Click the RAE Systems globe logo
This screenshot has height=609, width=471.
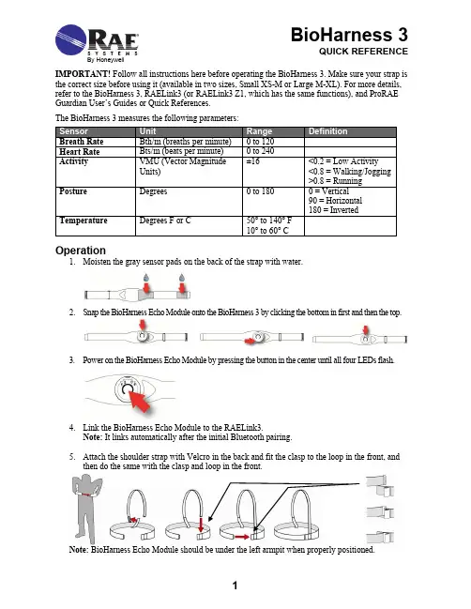[x=70, y=39]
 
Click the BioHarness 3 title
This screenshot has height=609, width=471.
[x=349, y=35]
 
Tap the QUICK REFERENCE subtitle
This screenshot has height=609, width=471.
[x=363, y=52]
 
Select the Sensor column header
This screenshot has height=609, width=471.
[x=74, y=131]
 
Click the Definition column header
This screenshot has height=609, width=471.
[x=327, y=131]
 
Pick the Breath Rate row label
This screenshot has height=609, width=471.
[x=81, y=142]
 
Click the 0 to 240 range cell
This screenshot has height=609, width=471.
[x=260, y=151]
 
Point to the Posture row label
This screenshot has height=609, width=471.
[x=73, y=191]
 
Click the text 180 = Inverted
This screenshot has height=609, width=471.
[x=333, y=210]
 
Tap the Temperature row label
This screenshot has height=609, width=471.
[x=84, y=221]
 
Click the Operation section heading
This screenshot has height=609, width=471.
[x=81, y=251]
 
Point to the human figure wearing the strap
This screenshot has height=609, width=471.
[x=87, y=509]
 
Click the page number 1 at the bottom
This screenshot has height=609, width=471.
[x=235, y=586]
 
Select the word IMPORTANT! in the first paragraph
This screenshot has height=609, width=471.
[x=83, y=74]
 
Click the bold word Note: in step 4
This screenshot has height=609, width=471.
[x=92, y=437]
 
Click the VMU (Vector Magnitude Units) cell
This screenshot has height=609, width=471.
[x=183, y=166]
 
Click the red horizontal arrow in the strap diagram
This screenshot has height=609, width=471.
[x=242, y=537]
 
